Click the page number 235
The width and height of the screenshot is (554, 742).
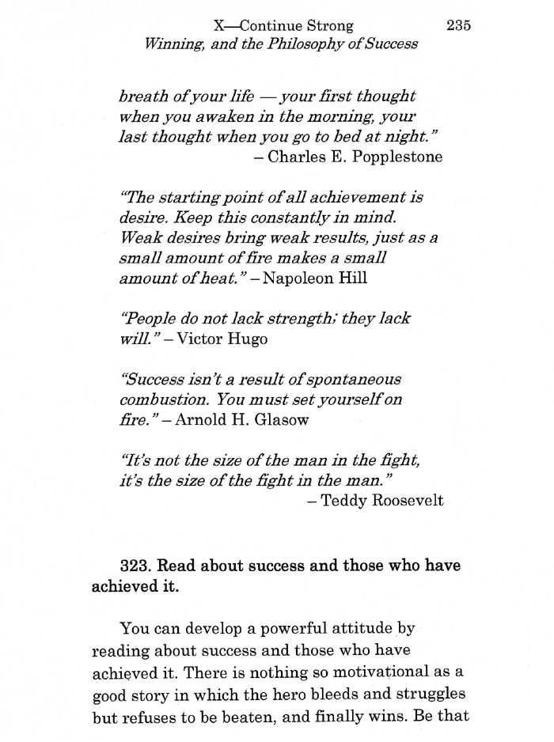pyautogui.click(x=458, y=25)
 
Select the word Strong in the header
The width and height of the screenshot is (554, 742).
pyautogui.click(x=325, y=25)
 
